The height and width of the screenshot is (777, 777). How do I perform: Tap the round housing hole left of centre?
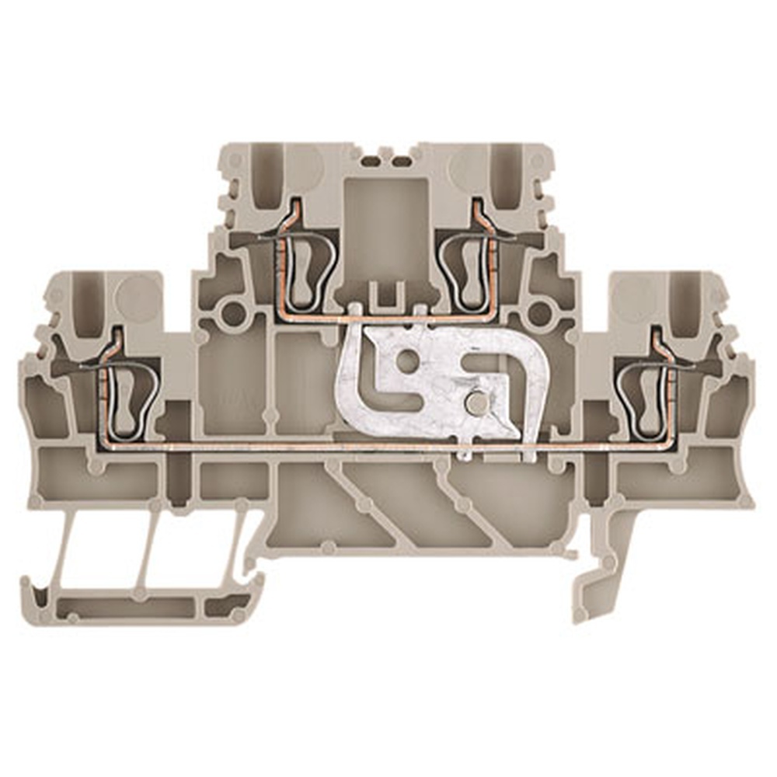tap(232, 313)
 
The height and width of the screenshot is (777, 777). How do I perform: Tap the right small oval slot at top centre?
tap(401, 162)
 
